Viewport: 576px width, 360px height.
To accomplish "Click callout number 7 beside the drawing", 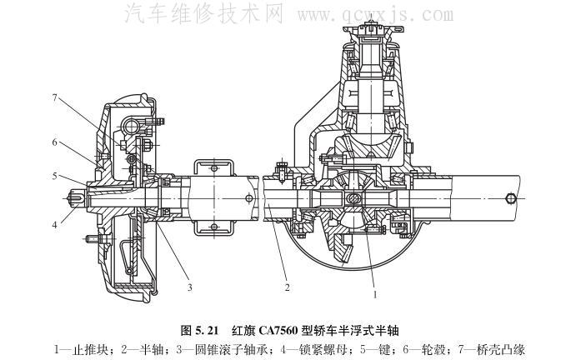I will pyautogui.click(x=54, y=99).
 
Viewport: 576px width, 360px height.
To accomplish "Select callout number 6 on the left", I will pyautogui.click(x=54, y=142).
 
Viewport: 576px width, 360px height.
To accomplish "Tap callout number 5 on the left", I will pyautogui.click(x=54, y=176).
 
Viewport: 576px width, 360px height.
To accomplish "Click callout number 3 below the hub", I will pyautogui.click(x=190, y=287).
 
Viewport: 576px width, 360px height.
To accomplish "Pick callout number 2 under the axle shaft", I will pyautogui.click(x=285, y=287).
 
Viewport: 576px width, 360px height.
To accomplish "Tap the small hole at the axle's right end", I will pyautogui.click(x=508, y=198).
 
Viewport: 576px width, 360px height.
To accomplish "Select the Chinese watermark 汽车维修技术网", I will pyautogui.click(x=204, y=14).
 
